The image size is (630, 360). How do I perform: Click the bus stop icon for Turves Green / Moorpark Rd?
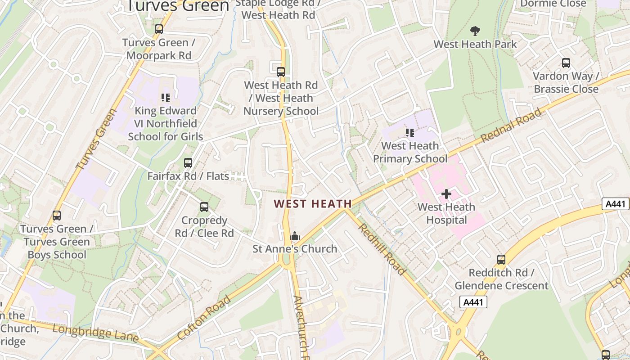click(x=159, y=29)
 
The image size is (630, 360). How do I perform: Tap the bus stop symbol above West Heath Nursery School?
click(x=281, y=72)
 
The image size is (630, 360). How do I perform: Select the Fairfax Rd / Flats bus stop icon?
click(x=188, y=163)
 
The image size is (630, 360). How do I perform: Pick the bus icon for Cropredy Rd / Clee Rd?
click(x=204, y=207)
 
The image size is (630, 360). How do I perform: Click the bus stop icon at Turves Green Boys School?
click(x=57, y=216)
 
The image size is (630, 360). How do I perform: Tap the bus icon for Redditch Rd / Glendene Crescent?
click(x=501, y=260)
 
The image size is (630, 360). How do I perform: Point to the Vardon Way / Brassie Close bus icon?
click(x=566, y=63)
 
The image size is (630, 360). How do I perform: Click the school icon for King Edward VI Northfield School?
click(x=165, y=97)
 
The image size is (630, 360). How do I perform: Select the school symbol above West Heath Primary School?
click(x=409, y=132)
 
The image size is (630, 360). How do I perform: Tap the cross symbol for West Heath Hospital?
click(x=446, y=194)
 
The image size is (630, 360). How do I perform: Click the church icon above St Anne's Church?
click(x=295, y=236)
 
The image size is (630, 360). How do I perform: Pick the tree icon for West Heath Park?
click(x=475, y=31)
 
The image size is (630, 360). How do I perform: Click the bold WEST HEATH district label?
click(x=313, y=204)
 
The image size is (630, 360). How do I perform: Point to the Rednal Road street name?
click(x=511, y=126)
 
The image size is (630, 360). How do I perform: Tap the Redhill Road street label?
click(x=382, y=249)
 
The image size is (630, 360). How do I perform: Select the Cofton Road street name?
click(x=204, y=317)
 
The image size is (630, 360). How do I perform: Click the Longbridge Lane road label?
click(x=95, y=333)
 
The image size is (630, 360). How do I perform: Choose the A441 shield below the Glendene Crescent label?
click(x=473, y=302)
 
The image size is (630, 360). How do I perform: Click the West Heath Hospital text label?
click(x=446, y=214)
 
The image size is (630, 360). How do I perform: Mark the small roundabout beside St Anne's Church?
click(x=285, y=260)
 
